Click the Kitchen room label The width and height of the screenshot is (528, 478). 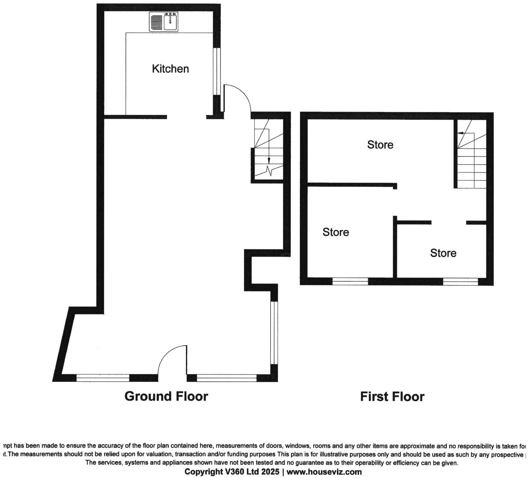170,69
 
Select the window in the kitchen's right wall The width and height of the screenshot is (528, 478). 217,71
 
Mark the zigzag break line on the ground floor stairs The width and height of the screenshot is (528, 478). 270,170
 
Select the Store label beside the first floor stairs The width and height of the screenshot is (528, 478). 380,145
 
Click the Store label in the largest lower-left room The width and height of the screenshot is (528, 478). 335,232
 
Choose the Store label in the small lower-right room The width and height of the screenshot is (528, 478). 443,253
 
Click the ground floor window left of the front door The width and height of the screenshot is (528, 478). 103,378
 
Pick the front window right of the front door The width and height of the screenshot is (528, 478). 226,378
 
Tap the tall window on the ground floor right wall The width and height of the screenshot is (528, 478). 274,333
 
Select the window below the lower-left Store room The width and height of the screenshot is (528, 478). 350,281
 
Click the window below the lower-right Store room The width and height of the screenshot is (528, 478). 460,281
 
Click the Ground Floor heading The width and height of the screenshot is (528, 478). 166,396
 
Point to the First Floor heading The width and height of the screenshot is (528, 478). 392,397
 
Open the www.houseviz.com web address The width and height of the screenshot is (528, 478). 324,472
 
